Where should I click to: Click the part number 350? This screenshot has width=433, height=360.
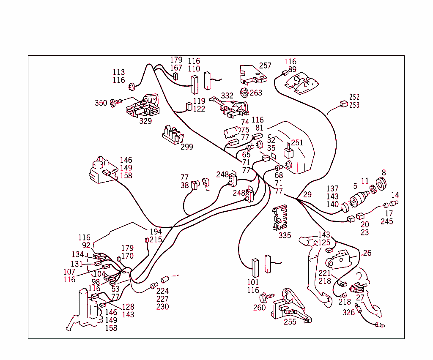pos(101,103)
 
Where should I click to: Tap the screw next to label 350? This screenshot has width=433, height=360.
pos(115,102)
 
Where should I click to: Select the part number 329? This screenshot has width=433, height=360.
pos(145,121)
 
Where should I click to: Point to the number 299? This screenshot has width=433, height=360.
pos(186,147)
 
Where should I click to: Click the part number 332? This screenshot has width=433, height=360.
pos(227,96)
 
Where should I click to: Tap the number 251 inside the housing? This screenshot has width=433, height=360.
pos(297,143)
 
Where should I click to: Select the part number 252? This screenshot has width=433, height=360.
pos(354,97)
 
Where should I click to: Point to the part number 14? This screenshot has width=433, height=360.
pos(395,195)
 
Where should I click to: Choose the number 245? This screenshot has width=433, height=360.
pos(386,221)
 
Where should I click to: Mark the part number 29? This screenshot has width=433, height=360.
pos(307,194)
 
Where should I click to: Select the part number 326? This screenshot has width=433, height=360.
pos(348,313)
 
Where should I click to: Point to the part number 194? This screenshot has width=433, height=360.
pos(156,232)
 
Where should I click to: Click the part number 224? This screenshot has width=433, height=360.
pos(162,291)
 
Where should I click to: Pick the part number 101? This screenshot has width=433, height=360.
pos(253,282)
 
